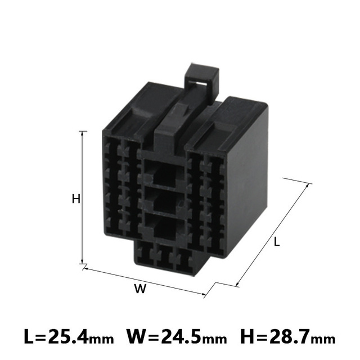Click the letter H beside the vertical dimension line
click(76, 199)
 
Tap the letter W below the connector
click(140, 289)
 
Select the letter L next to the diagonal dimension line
click(277, 242)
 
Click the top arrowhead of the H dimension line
click(83, 133)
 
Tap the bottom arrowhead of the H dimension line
click(83, 262)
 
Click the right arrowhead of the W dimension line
click(204, 294)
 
